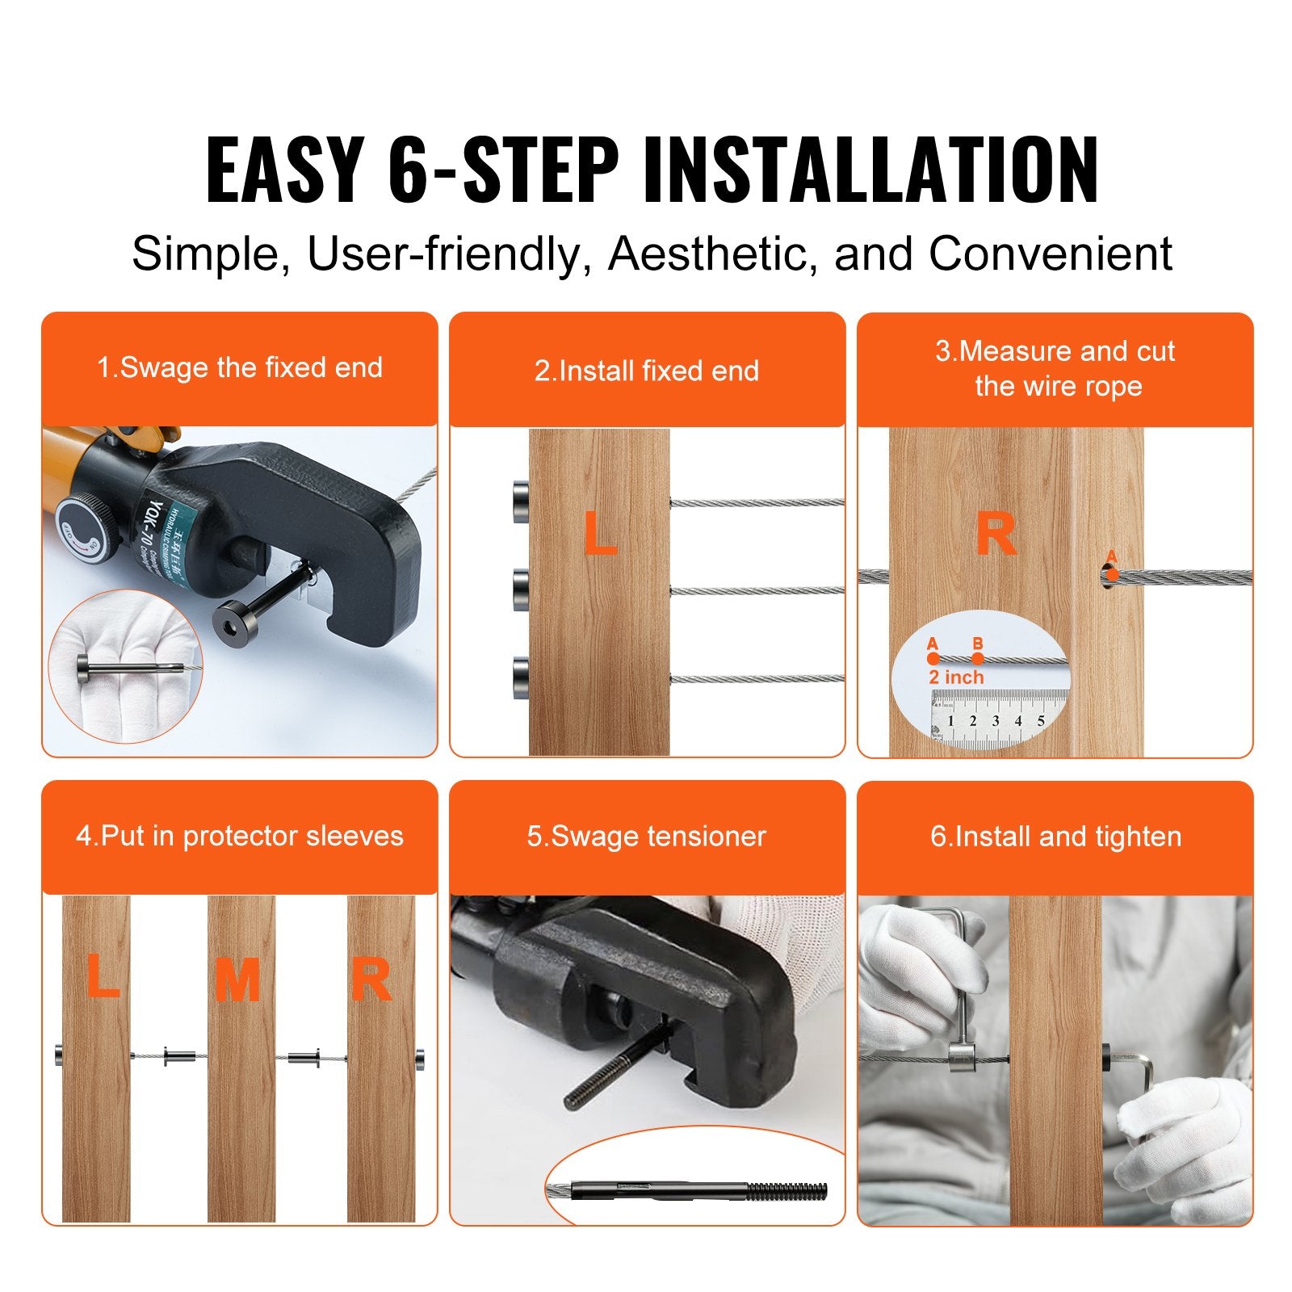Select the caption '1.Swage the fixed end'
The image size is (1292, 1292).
(x=240, y=367)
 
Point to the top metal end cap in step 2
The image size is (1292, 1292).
(x=521, y=501)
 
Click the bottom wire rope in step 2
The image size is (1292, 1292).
(x=757, y=679)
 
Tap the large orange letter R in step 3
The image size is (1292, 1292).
(x=996, y=535)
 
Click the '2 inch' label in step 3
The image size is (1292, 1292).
(x=956, y=677)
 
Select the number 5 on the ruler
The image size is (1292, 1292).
(x=1041, y=721)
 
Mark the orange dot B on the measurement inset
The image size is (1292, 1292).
(x=978, y=658)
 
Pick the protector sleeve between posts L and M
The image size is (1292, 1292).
(x=179, y=1055)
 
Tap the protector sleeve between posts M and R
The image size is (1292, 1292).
(x=304, y=1057)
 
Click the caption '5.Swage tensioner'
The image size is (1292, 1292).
(x=646, y=836)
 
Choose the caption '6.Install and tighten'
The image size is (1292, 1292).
(x=1055, y=836)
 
